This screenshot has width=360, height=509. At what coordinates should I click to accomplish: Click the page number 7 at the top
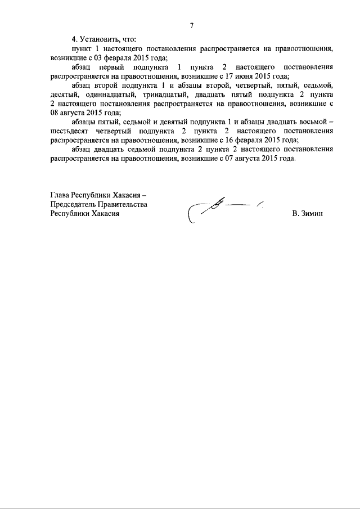[x=192, y=25]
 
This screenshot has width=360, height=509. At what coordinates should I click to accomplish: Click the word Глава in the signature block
[x=60, y=196]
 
